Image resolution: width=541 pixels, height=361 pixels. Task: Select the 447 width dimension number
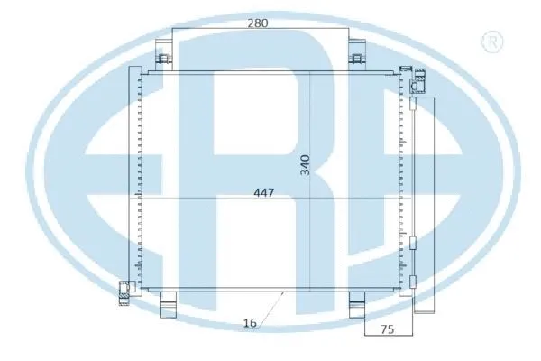point(262,192)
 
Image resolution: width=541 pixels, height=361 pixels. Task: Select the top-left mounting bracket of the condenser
point(165,61)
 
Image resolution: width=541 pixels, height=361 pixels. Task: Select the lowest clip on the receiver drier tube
point(412,282)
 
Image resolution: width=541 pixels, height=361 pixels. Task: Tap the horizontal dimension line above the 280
point(261,31)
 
